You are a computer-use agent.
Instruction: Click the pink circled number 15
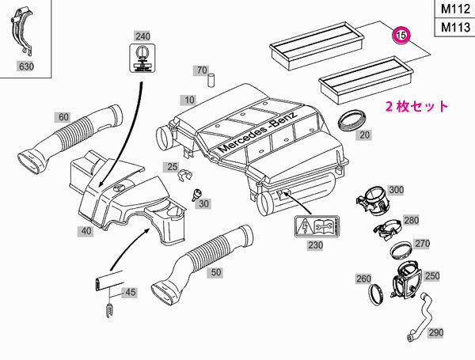pyautogui.click(x=401, y=35)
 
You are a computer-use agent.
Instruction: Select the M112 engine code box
pyautogui.click(x=453, y=9)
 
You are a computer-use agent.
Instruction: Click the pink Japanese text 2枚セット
pyautogui.click(x=416, y=106)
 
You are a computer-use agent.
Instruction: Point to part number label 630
pyautogui.click(x=28, y=68)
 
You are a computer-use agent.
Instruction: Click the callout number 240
pyautogui.click(x=142, y=36)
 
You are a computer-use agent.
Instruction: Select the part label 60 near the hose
pyautogui.click(x=63, y=117)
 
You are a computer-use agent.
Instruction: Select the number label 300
pyautogui.click(x=396, y=191)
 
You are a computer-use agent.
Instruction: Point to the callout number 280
pyautogui.click(x=411, y=220)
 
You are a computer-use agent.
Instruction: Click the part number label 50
pyautogui.click(x=214, y=271)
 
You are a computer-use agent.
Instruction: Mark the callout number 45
pyautogui.click(x=131, y=292)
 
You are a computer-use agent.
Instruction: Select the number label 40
pyautogui.click(x=85, y=230)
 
